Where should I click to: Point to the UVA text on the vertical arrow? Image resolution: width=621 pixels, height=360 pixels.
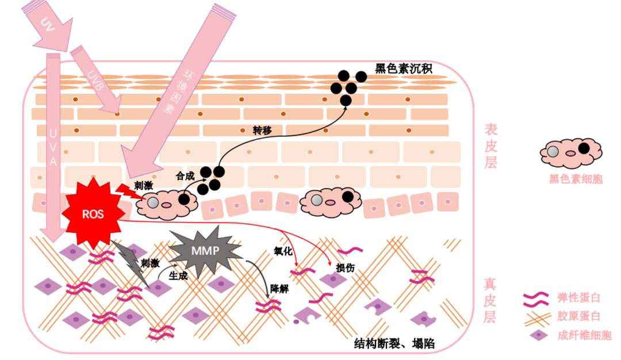pyautogui.click(x=53, y=144)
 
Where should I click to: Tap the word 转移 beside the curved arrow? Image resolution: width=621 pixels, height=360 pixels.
pyautogui.click(x=262, y=130)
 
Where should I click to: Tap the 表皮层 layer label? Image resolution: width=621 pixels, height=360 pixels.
pyautogui.click(x=490, y=146)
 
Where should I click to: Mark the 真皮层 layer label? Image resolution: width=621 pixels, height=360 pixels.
pyautogui.click(x=490, y=299)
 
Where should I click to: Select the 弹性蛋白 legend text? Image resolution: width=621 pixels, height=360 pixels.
pyautogui.click(x=578, y=298)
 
